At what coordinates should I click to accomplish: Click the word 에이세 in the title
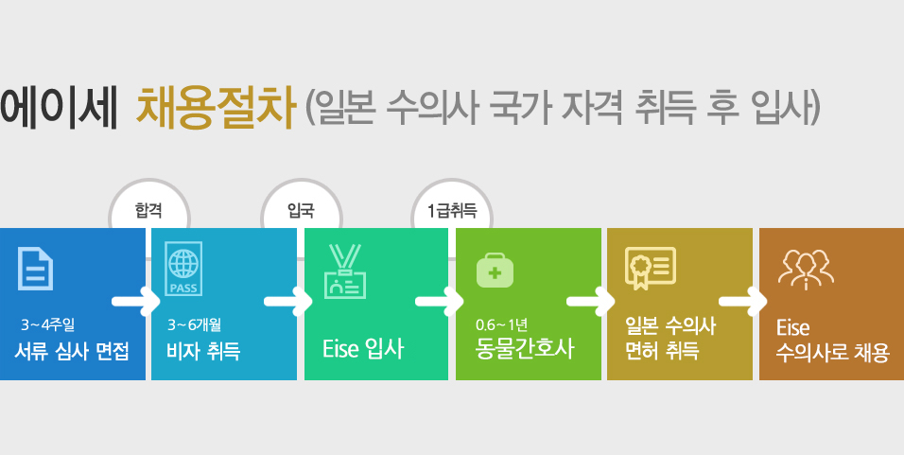[x=59, y=107]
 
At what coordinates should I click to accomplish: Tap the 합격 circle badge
[x=148, y=210]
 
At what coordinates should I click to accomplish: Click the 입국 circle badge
[x=300, y=210]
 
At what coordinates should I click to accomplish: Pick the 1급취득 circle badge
[x=452, y=210]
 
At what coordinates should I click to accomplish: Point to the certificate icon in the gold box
[x=649, y=269]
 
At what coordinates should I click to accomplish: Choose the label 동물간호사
[x=525, y=350]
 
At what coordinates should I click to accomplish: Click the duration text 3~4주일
[x=54, y=326]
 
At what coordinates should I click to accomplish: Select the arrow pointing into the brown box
[x=742, y=303]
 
